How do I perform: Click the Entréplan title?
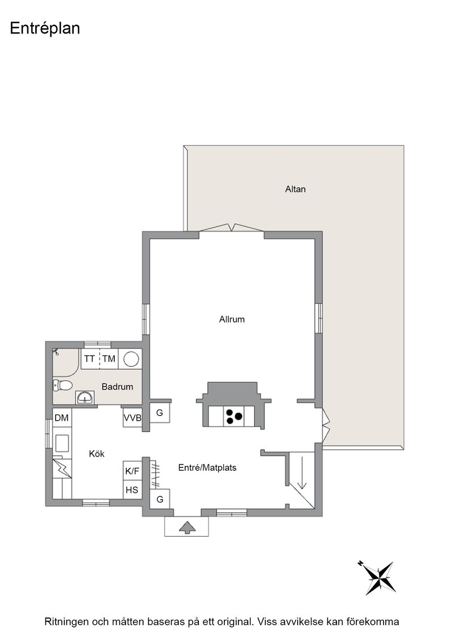[45, 28]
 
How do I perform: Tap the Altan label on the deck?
[295, 189]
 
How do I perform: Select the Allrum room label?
[232, 319]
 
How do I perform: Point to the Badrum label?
[117, 387]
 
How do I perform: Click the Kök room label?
[97, 454]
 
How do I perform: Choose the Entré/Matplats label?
[207, 468]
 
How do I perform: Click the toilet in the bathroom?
[63, 385]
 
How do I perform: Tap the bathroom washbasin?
[85, 397]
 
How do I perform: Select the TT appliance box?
[90, 358]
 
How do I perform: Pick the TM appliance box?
[109, 358]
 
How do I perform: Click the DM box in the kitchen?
[62, 417]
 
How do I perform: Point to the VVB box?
[133, 417]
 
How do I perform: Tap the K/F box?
[132, 471]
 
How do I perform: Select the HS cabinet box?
[132, 490]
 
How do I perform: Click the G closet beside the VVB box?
[160, 412]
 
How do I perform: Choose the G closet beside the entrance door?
[160, 499]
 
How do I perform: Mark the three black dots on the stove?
[234, 417]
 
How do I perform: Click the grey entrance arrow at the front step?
[187, 528]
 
